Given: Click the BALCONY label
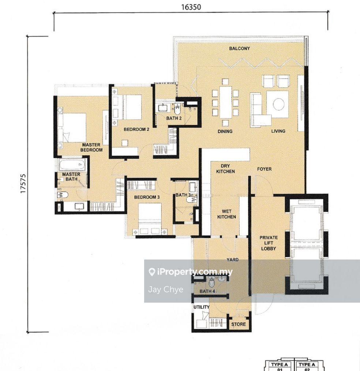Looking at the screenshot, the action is [239, 49].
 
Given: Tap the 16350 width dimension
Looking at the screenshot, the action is [191, 7].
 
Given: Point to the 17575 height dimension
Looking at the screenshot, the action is [23, 184].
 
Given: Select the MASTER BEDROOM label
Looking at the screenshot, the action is [91, 147].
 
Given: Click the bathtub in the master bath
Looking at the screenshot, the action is [72, 164].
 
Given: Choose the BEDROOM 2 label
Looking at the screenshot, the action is [136, 129].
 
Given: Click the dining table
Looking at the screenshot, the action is [225, 102].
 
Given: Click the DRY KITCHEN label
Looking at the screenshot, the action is [225, 169].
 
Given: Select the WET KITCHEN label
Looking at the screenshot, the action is [226, 214].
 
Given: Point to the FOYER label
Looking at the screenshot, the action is [264, 169].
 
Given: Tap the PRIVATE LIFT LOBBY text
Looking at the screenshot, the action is [269, 243].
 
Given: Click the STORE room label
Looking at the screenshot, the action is [239, 324].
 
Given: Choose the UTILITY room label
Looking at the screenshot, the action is [202, 307].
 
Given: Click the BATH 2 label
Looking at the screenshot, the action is [174, 118].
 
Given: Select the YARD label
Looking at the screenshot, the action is [232, 260].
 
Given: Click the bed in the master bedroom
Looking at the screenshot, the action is [72, 128].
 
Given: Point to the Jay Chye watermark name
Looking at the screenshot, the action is [166, 289].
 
